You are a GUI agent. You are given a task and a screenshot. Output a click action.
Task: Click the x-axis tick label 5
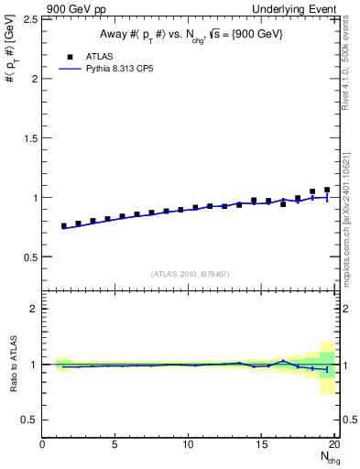click(x=115, y=446)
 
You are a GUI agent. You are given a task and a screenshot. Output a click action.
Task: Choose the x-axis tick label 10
click(x=189, y=446)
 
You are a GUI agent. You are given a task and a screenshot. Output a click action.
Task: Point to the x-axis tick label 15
click(x=262, y=446)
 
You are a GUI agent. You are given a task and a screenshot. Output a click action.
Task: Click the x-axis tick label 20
click(x=334, y=446)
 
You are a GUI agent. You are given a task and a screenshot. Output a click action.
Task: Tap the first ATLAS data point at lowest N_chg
click(x=64, y=225)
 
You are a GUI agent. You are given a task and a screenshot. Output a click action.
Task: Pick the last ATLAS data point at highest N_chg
click(x=327, y=190)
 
